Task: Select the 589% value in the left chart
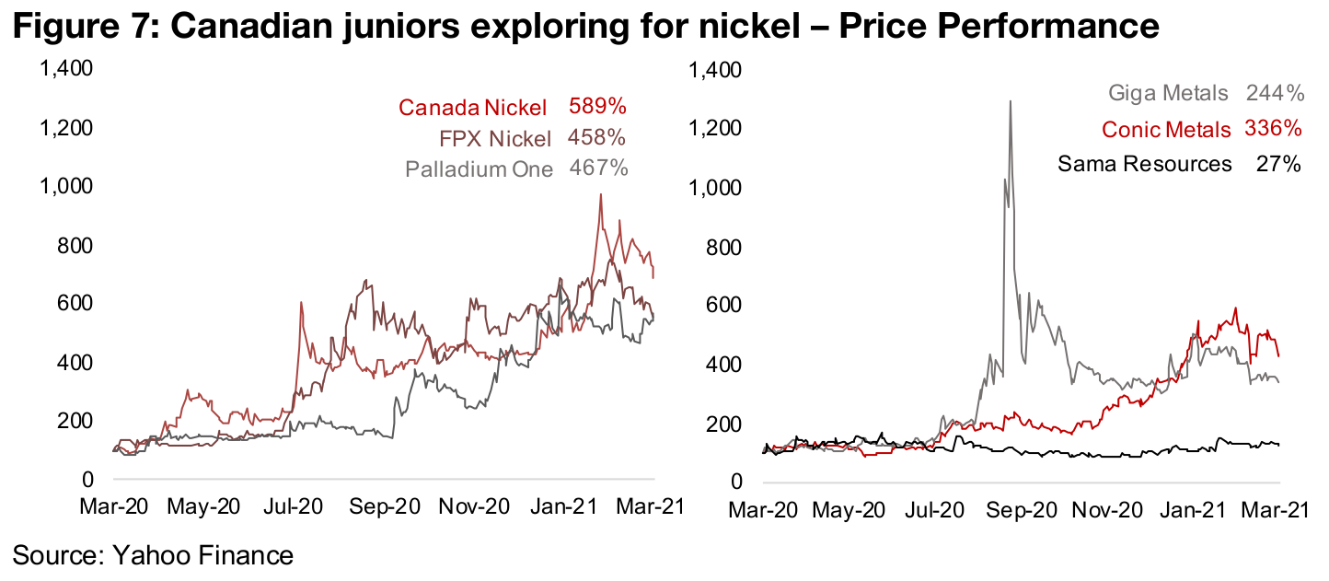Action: (x=597, y=107)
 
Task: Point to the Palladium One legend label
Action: (x=480, y=169)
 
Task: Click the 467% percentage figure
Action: (x=598, y=169)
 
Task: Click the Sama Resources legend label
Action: (x=1144, y=164)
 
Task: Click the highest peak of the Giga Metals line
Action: (x=1011, y=101)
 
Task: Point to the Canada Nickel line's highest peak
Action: (x=600, y=194)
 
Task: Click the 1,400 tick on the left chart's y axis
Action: (x=66, y=69)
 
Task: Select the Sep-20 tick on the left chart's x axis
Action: (x=387, y=507)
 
